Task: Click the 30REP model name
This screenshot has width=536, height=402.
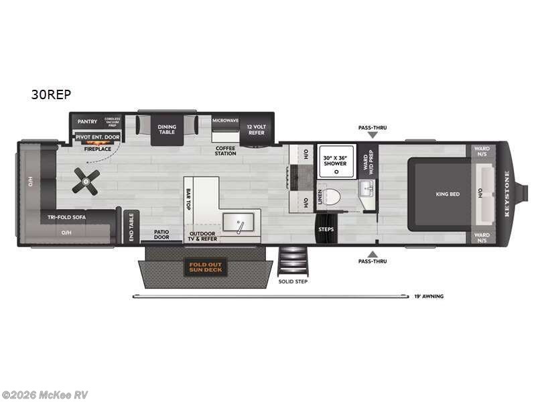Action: (51, 94)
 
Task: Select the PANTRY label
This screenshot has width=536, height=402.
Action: (87, 121)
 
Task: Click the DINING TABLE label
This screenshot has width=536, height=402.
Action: (166, 129)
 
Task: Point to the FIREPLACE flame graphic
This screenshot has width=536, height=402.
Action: (92, 143)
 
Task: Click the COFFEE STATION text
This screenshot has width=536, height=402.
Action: (225, 150)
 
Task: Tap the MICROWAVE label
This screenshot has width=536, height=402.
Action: (225, 121)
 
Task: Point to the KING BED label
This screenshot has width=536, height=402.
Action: (448, 194)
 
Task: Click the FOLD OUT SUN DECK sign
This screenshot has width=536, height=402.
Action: (206, 267)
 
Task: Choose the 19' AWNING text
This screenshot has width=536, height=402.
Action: (429, 295)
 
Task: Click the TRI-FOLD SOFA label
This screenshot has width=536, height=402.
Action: (65, 217)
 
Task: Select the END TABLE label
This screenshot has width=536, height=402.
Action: (131, 227)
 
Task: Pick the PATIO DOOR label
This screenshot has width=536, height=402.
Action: (161, 234)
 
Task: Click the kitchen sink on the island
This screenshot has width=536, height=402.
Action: (239, 222)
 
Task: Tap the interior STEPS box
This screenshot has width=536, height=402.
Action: (327, 228)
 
